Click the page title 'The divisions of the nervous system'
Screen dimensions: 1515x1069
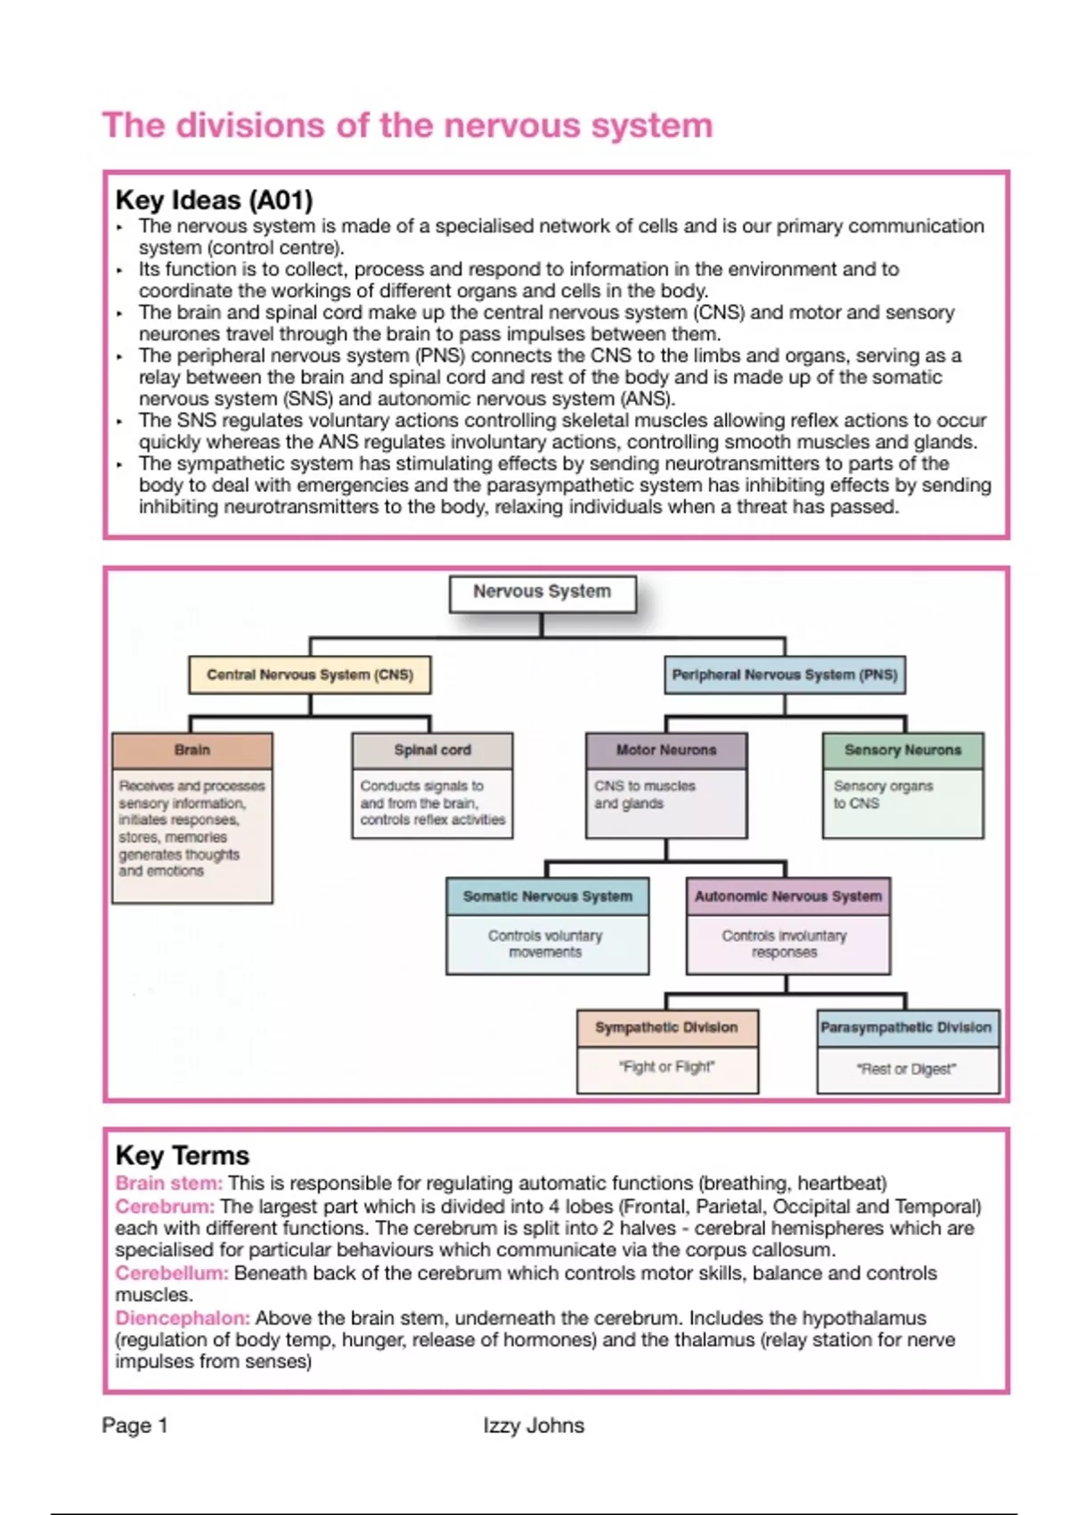(x=407, y=126)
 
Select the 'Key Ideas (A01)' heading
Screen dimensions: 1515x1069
(x=214, y=201)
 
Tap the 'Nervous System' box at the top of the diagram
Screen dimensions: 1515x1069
(x=542, y=592)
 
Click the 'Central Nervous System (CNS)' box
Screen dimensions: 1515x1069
(x=309, y=675)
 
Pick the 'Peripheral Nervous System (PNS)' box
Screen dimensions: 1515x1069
(x=784, y=675)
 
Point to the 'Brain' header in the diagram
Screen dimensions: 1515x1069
(x=192, y=750)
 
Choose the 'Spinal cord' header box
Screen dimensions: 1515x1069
(x=432, y=750)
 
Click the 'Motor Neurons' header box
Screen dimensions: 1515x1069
(x=665, y=750)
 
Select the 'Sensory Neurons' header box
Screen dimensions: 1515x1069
(x=902, y=750)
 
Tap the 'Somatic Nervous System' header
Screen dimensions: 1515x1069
(x=547, y=897)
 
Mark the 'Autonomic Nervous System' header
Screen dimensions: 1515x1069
(x=787, y=897)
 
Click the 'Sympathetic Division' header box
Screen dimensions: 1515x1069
(x=666, y=1028)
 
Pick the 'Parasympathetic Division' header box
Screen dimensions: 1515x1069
(x=906, y=1028)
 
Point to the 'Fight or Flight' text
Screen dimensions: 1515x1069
(x=666, y=1067)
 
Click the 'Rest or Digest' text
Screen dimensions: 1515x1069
(x=906, y=1069)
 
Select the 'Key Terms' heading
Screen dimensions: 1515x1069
(x=183, y=1156)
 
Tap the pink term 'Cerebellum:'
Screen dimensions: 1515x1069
(x=172, y=1273)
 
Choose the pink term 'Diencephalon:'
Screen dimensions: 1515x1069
(x=183, y=1318)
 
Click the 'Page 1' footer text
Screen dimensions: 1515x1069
(x=135, y=1426)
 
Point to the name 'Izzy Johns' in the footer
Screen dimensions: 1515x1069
(x=534, y=1426)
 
